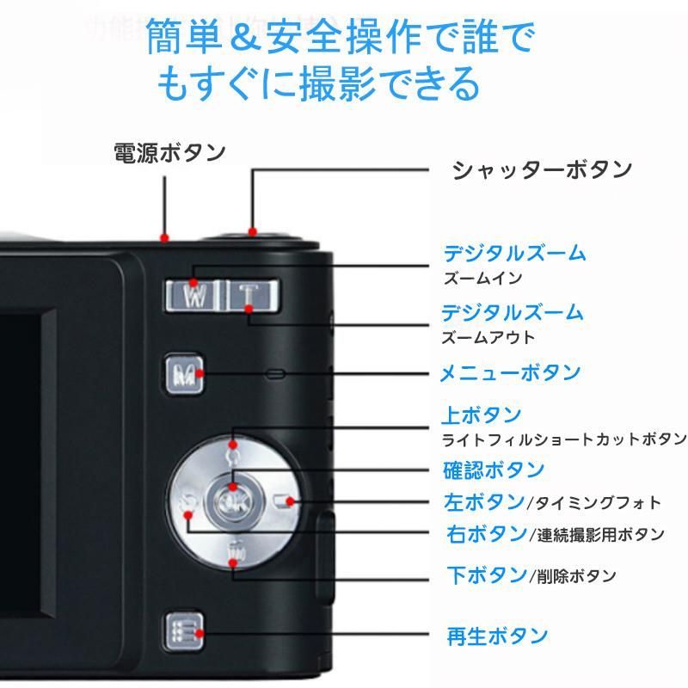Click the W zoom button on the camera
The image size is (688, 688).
195,295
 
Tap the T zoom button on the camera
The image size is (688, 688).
249,295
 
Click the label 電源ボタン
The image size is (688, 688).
169,153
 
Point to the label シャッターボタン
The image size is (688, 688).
542,169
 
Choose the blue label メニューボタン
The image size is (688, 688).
510,372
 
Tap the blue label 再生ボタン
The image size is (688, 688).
496,636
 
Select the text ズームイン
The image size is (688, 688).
482,279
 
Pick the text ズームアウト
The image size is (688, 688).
488,337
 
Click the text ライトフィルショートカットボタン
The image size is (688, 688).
563,439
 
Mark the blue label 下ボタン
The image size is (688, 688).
486,574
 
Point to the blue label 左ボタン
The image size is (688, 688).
483,501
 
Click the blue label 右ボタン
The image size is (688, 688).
486,533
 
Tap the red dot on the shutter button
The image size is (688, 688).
252,230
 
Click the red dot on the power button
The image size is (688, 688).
164,237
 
